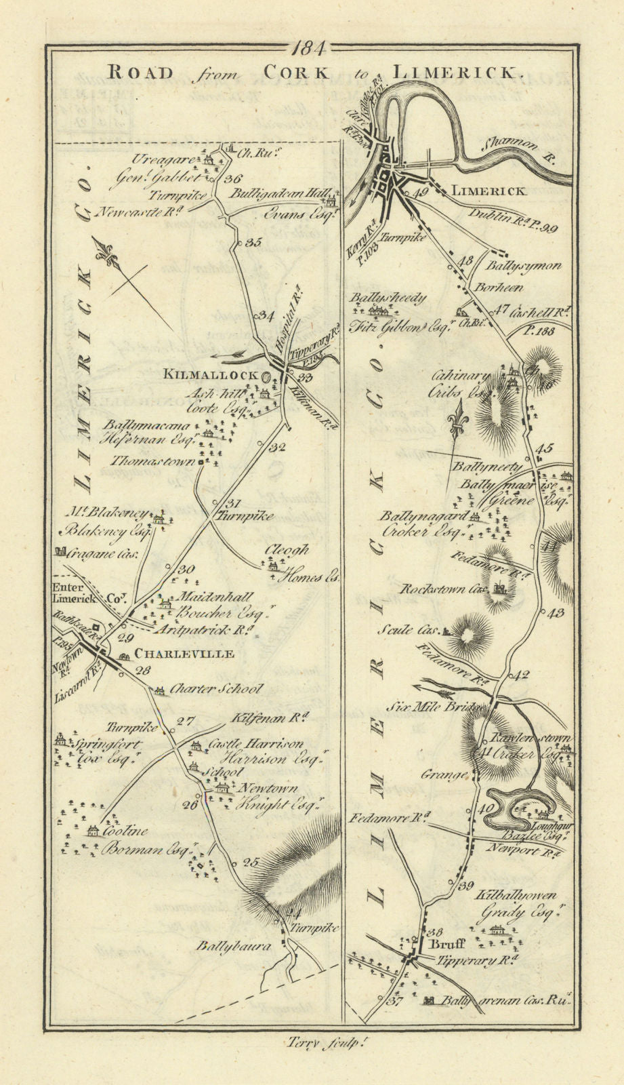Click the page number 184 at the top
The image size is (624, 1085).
312,48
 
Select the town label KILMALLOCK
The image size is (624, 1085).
210,375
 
